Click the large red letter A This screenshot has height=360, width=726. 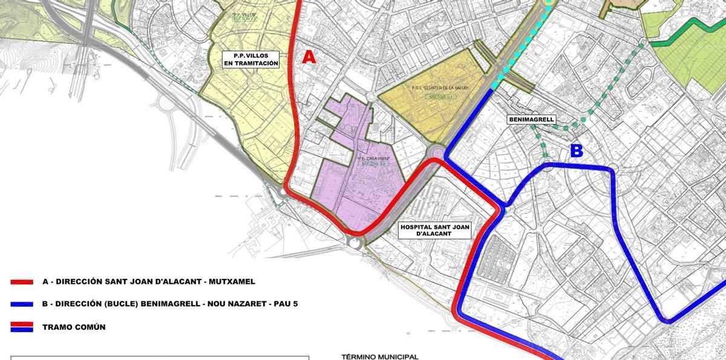(x=309, y=57)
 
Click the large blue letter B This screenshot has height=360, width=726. (x=577, y=151)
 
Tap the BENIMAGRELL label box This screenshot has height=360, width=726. (x=531, y=120)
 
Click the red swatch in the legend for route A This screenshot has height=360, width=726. (x=22, y=282)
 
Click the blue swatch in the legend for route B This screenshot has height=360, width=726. (x=22, y=304)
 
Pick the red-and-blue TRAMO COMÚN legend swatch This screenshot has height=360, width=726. (x=22, y=327)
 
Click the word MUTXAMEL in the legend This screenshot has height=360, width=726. (x=231, y=281)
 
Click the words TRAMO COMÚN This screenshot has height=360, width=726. (x=74, y=327)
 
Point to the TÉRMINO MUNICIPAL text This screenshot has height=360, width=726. (x=380, y=356)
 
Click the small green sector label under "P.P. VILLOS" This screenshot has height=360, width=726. (x=245, y=19)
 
